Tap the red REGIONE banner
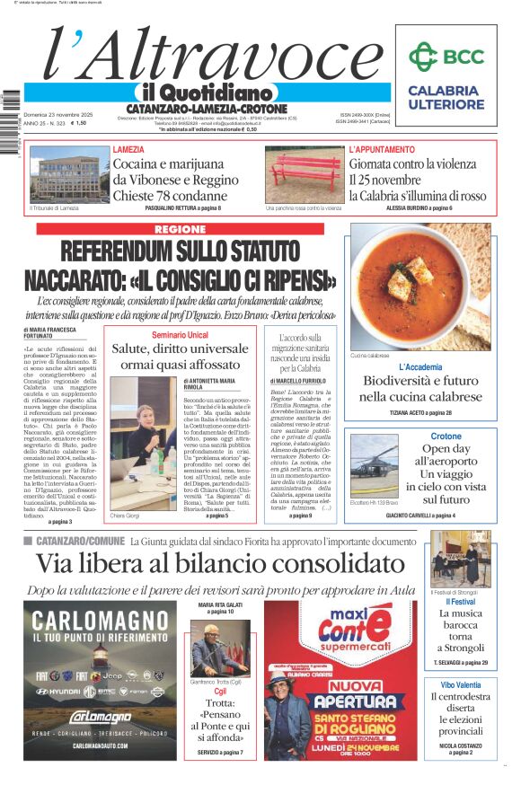point(180,230)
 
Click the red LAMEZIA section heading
point(128,150)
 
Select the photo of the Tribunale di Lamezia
point(69,174)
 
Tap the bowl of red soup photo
point(419,287)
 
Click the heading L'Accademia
point(420,367)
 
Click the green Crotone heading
point(446,437)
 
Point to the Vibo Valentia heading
point(460,684)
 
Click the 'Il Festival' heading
point(460,601)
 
